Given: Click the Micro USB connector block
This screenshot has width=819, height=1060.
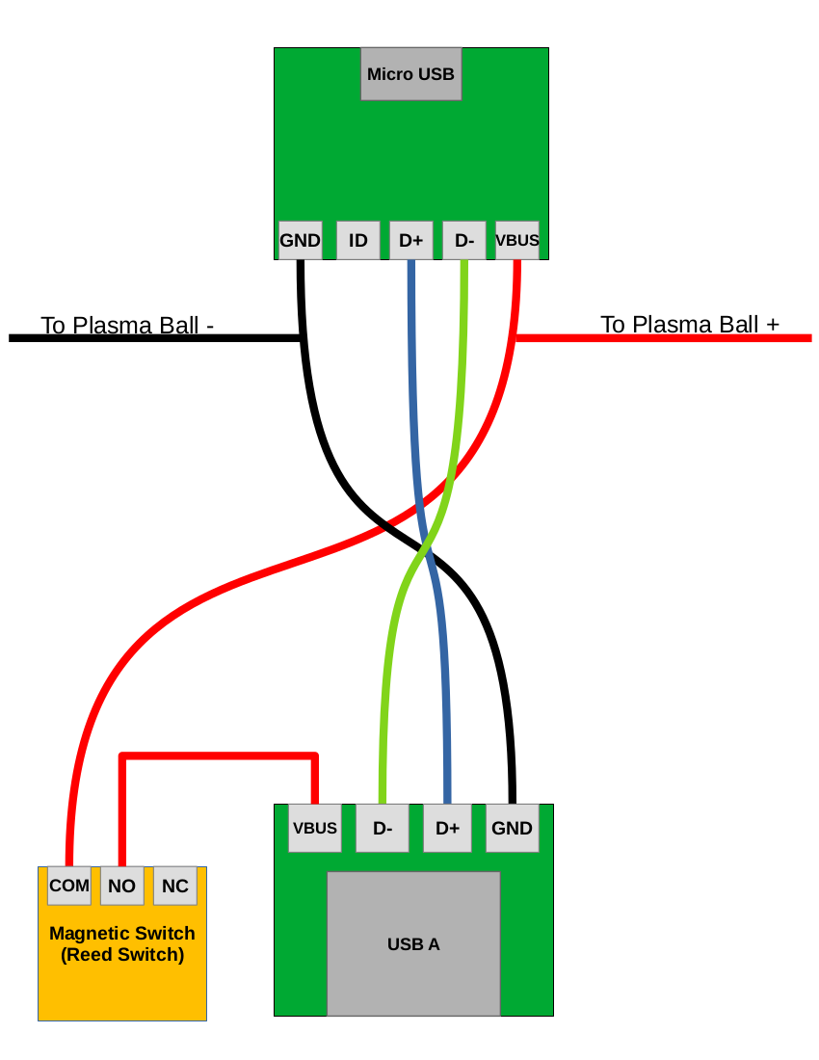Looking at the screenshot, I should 411,74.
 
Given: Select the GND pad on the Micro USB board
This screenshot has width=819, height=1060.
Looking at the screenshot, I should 300,240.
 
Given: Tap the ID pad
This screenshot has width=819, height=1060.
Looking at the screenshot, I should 357,240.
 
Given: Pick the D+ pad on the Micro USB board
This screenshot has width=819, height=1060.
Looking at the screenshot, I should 411,240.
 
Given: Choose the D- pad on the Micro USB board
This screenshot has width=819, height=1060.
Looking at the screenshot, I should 464,240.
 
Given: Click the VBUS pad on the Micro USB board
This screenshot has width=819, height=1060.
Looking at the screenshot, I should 517,240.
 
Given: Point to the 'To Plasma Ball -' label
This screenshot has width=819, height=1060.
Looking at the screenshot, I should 127,325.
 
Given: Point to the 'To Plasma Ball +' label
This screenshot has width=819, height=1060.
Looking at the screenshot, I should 690,324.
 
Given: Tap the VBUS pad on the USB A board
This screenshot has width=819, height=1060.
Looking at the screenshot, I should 315,828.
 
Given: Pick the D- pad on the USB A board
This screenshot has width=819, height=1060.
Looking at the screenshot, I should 383,828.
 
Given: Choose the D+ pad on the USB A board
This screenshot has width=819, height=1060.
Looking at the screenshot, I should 448,828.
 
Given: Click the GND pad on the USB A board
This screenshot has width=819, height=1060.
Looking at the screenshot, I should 512,828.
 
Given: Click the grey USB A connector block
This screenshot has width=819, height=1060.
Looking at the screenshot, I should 413,943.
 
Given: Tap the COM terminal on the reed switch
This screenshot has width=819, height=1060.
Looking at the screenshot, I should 69,886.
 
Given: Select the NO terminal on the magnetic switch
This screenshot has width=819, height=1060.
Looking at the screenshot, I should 122,886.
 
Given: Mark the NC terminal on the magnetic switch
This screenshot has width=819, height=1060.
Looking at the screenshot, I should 175,886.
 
